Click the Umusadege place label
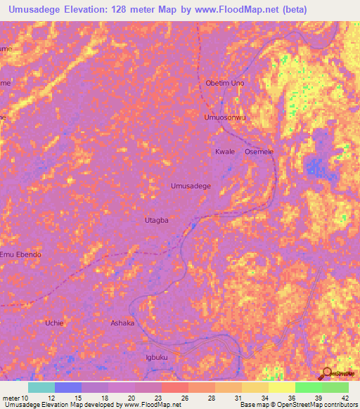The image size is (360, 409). click(191, 186)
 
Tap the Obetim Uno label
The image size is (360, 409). click(224, 83)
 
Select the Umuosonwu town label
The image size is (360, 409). click(225, 117)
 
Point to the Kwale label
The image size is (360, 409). click(225, 152)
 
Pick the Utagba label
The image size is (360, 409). click(156, 220)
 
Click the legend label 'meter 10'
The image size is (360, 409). click(16, 398)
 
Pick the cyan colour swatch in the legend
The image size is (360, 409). click(41, 387)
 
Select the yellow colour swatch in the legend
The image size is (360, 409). click(282, 387)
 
